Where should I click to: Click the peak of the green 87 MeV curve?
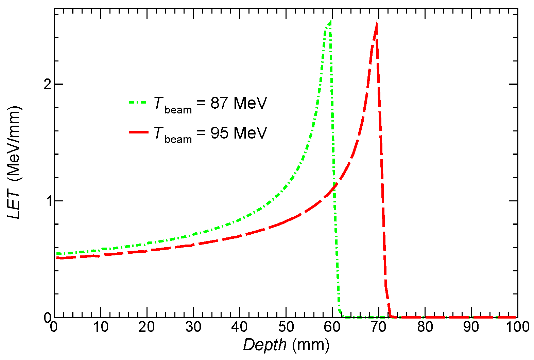tap(330, 21)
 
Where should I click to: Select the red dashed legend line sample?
tap(139, 132)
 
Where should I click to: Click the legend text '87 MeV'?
tap(239, 103)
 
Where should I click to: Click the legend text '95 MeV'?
tap(239, 132)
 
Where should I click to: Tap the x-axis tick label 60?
tap(332, 327)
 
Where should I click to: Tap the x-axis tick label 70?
tap(378, 327)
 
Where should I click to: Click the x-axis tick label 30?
tap(193, 327)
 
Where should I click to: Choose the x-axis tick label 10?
tap(101, 327)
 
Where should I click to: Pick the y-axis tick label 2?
tap(47, 84)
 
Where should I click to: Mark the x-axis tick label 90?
tap(471, 327)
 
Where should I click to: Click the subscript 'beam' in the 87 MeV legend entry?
tap(178, 110)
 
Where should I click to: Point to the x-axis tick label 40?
tap(240, 327)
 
